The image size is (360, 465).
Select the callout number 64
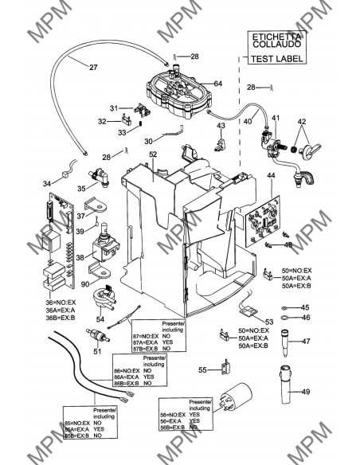tap(217, 84)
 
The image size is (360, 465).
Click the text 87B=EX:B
tap(148, 349)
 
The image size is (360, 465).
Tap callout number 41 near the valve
tap(276, 118)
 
